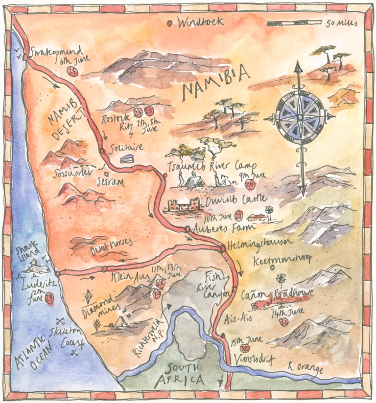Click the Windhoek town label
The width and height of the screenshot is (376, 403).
[x=200, y=22]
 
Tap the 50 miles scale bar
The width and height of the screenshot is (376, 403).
[x=294, y=23]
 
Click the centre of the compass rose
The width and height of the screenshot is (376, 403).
[x=300, y=118]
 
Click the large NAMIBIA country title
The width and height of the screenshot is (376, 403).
[x=216, y=83]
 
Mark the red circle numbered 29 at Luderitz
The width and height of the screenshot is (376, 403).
[x=49, y=300]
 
